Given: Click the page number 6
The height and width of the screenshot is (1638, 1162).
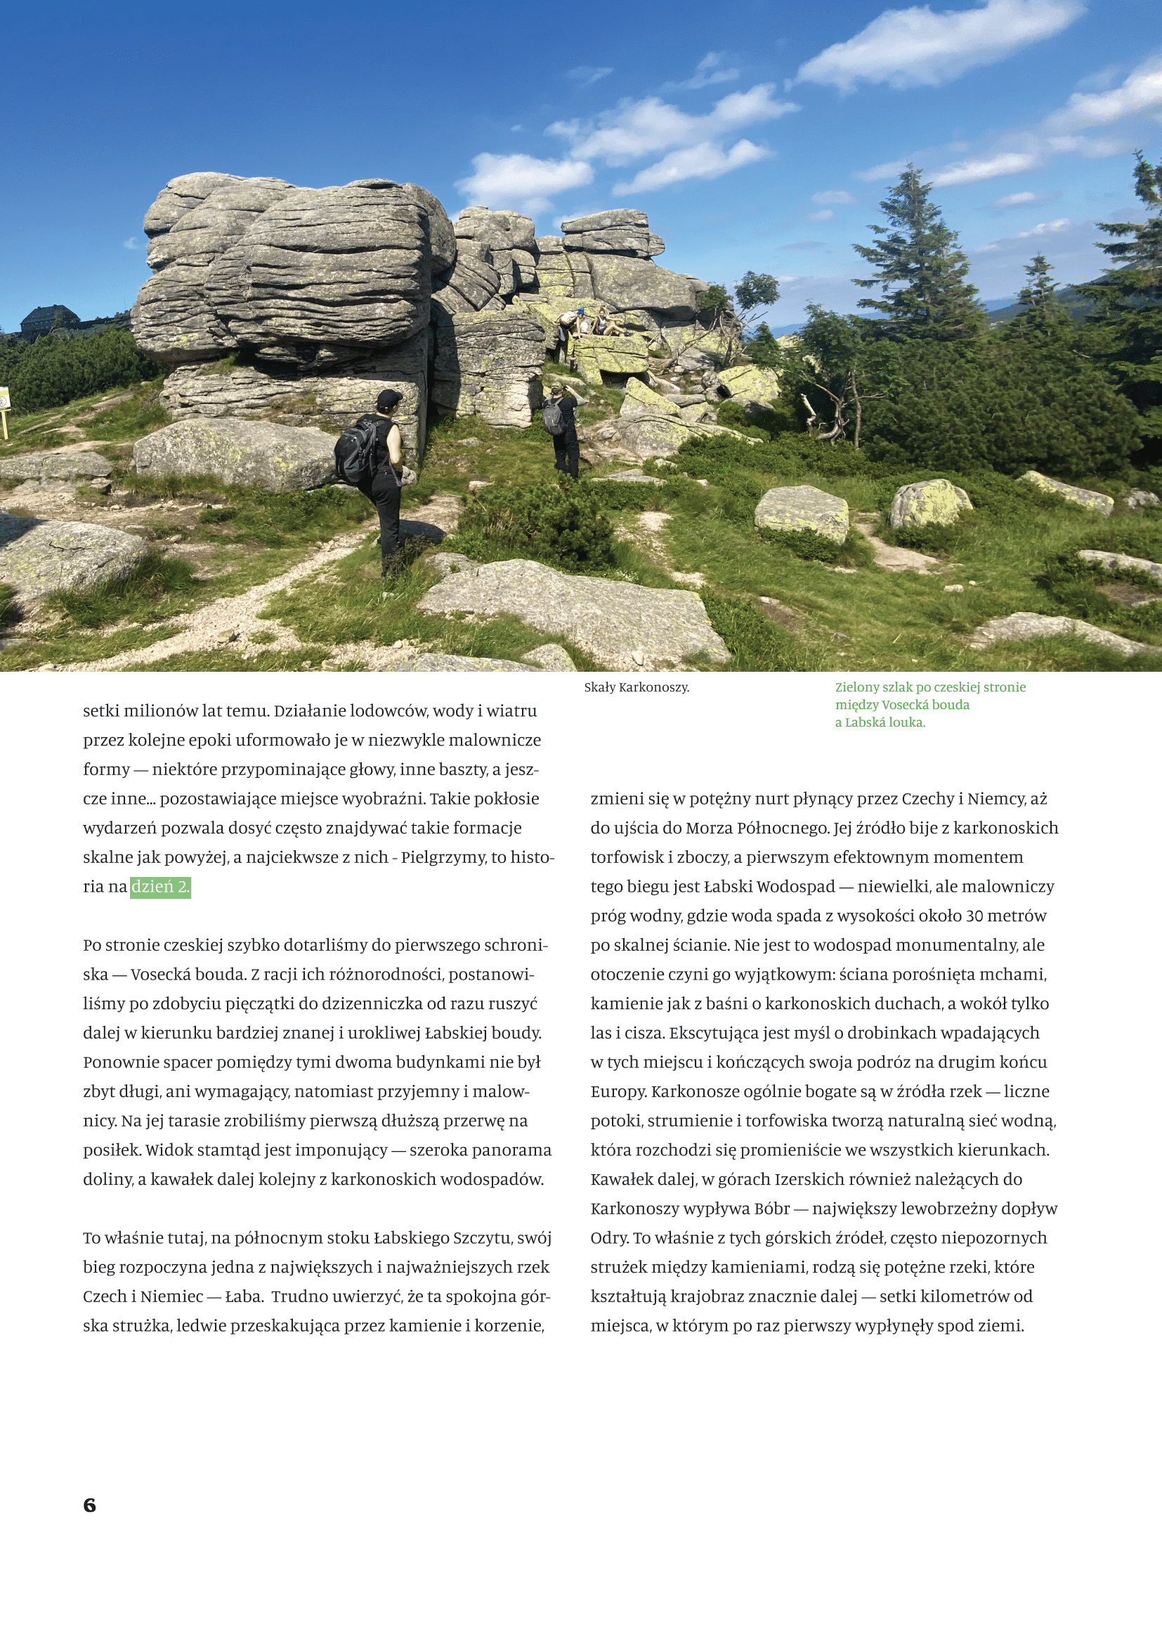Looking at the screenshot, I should point(89,1505).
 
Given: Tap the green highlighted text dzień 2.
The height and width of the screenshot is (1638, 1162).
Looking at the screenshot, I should point(160,887).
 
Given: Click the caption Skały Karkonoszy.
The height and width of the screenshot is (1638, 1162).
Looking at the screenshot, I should point(636,688).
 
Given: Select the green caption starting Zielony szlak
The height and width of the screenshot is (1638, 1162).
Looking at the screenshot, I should point(929,705).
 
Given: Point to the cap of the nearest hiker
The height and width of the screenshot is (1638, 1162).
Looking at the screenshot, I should point(388,398).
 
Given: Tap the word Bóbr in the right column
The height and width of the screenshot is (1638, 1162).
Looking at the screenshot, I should point(771,1209).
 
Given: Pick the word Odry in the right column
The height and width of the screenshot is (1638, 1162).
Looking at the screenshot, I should point(609,1238).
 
